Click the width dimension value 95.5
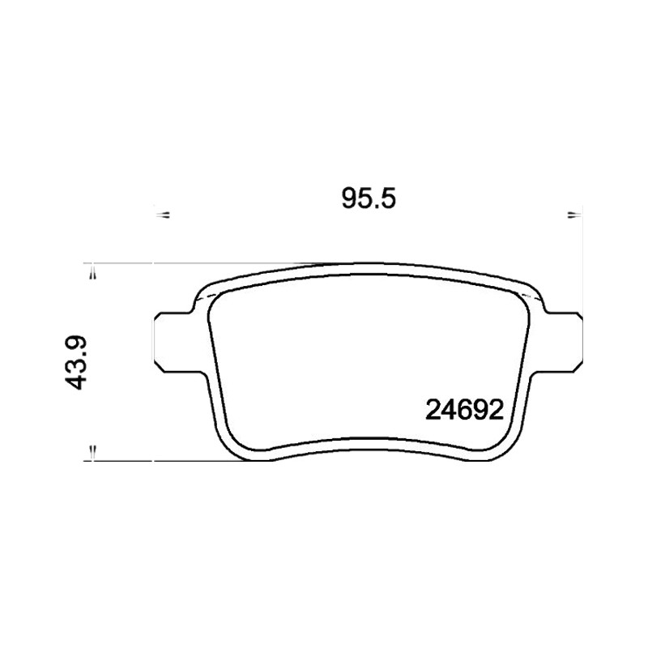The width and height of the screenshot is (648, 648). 369,198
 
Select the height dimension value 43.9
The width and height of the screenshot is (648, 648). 75,363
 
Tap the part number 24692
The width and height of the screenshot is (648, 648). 464,411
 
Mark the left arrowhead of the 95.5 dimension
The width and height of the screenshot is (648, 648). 164,215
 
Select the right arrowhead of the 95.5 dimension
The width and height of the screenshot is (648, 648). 573,215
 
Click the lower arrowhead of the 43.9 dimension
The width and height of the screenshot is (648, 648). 93,451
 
